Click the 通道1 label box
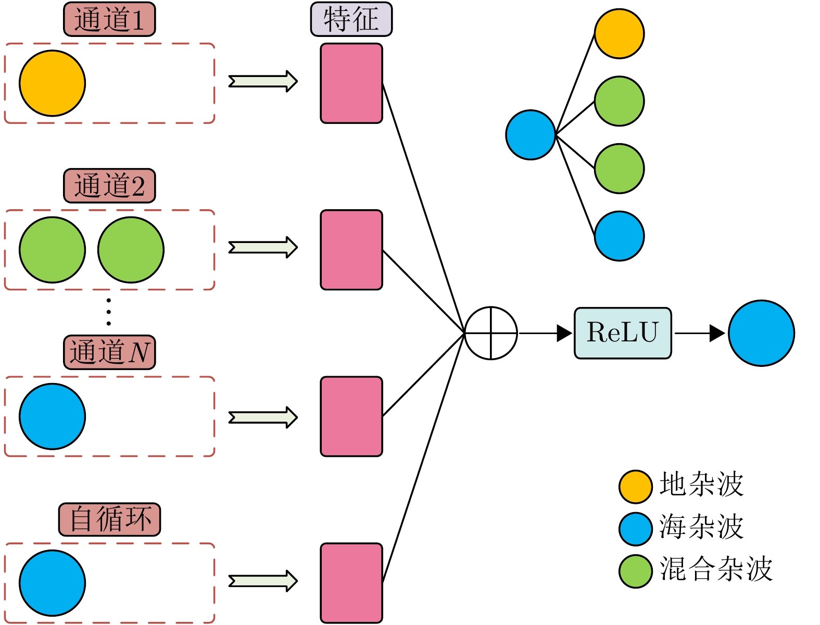click(x=109, y=20)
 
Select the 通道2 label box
click(x=109, y=186)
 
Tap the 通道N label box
click(x=109, y=352)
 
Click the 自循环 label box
click(x=109, y=519)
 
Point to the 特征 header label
click(x=351, y=20)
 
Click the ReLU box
click(x=623, y=333)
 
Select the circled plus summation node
click(x=490, y=333)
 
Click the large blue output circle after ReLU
click(x=761, y=333)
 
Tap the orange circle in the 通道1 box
click(x=52, y=83)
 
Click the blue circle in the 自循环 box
click(x=52, y=583)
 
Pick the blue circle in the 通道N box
click(x=52, y=416)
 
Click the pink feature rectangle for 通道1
click(x=351, y=83)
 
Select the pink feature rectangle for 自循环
click(x=351, y=583)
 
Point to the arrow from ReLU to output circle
click(x=699, y=333)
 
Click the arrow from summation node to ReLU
click(x=545, y=333)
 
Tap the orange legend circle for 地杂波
click(x=635, y=487)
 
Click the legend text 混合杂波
click(x=716, y=569)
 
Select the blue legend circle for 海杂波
click(x=635, y=529)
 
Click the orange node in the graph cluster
click(x=619, y=33)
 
